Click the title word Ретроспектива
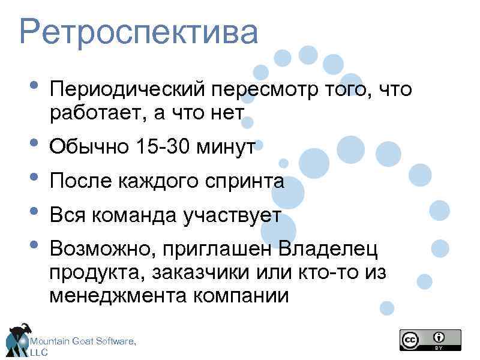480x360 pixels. [139, 33]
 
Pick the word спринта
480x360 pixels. [247, 181]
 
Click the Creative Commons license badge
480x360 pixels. [430, 340]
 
